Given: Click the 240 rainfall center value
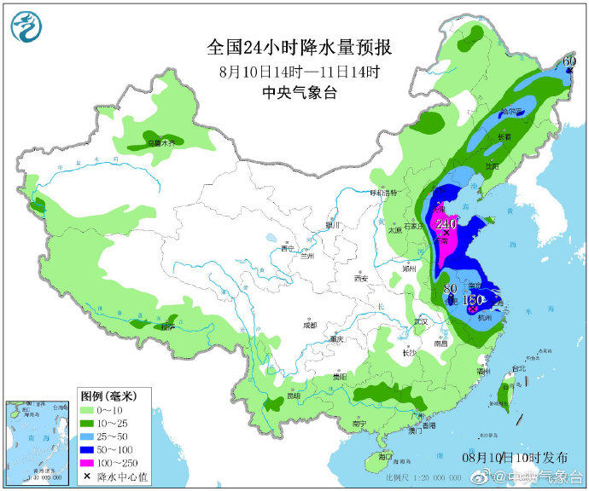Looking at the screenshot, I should tap(445, 225).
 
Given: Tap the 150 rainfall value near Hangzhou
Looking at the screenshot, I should tap(473, 300).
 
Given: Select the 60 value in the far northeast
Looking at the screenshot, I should tap(569, 61).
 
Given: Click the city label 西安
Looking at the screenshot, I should tap(360, 279).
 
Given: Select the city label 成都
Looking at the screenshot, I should tap(308, 325).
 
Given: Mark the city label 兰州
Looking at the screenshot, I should tap(306, 256).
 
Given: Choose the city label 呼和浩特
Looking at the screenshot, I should tap(382, 194).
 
